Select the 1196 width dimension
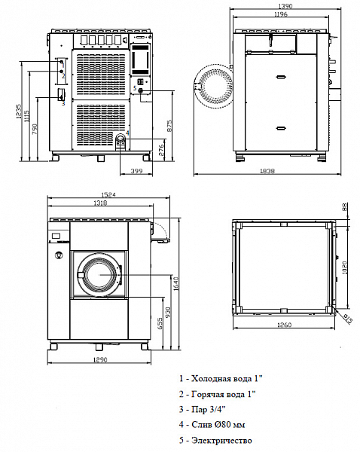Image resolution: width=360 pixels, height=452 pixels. pyautogui.click(x=279, y=14)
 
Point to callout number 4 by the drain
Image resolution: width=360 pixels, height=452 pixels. pyautogui.click(x=127, y=133)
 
